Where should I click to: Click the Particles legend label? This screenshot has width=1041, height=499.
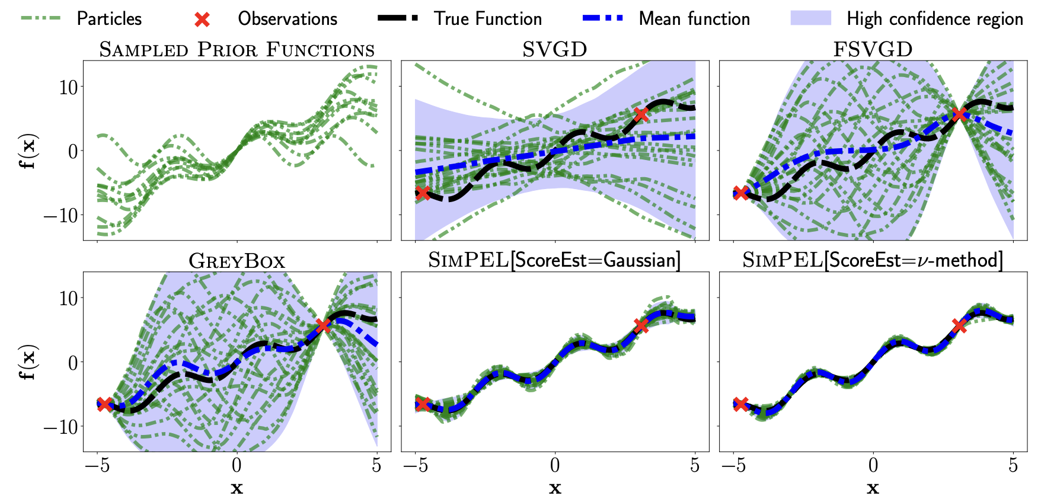click(109, 19)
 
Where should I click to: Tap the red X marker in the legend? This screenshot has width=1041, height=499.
click(202, 20)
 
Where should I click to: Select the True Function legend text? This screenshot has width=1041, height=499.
click(487, 19)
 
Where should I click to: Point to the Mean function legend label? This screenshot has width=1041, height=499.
click(694, 19)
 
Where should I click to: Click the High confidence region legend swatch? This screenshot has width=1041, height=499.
click(810, 18)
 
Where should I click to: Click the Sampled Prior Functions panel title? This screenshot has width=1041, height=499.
click(237, 50)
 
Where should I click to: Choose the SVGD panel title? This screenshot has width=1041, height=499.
click(554, 50)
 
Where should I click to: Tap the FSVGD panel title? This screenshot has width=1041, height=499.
click(873, 50)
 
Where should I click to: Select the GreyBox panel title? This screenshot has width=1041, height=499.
click(237, 261)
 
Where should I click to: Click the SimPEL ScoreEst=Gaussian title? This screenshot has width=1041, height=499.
click(554, 261)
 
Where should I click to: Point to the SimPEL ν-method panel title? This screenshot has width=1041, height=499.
click(873, 261)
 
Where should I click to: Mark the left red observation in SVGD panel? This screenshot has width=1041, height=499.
click(422, 193)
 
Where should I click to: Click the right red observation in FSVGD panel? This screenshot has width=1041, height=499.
click(959, 114)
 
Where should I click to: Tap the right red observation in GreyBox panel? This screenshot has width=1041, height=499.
click(323, 325)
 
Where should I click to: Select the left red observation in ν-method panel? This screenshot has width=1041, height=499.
click(740, 404)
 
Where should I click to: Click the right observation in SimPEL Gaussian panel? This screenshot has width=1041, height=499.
click(641, 325)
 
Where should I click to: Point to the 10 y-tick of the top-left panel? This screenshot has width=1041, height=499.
click(69, 87)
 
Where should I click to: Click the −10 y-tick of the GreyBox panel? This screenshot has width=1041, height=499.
click(62, 427)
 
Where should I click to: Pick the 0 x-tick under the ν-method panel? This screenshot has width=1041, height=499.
click(873, 466)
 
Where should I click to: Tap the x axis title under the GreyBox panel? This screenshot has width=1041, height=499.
click(237, 488)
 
